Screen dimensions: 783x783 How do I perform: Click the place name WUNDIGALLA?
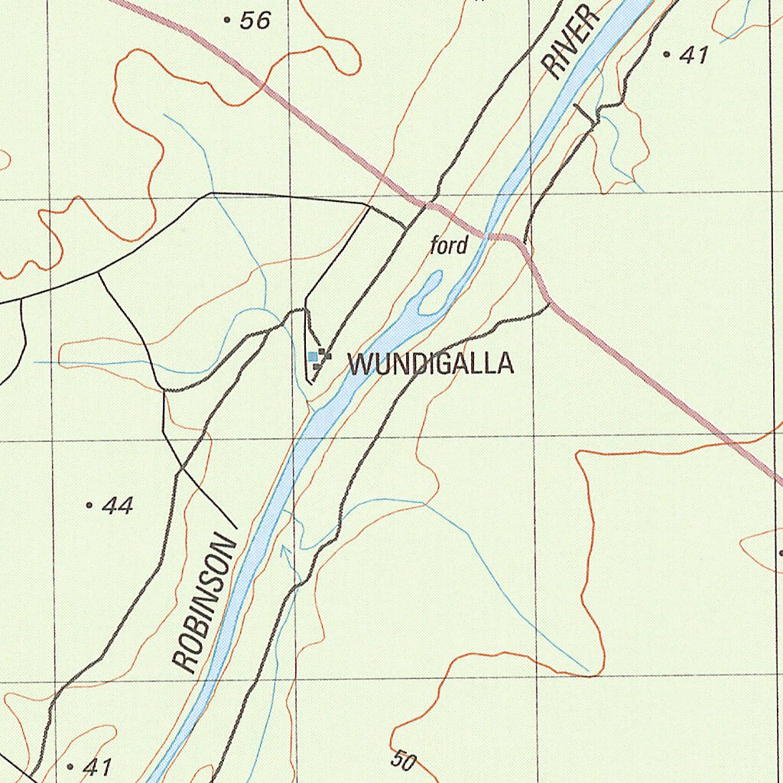(430, 364)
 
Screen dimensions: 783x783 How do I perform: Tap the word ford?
(449, 245)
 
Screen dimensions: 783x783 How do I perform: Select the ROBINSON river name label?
(203, 603)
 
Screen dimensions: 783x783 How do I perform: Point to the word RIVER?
(570, 41)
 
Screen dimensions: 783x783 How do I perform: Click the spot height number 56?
(255, 21)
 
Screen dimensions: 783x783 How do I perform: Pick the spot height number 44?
(117, 505)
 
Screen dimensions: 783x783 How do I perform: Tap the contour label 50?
(404, 760)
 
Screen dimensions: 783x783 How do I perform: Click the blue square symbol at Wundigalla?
(312, 356)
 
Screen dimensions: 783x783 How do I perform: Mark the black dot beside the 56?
(227, 21)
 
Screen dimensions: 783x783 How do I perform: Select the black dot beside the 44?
(89, 505)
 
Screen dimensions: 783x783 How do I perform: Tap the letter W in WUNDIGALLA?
(361, 364)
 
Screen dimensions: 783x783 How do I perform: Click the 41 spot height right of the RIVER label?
(694, 55)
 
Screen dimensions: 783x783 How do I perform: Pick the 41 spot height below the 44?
(97, 767)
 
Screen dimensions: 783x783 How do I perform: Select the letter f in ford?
(434, 245)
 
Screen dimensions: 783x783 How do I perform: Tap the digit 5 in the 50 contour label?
(398, 758)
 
